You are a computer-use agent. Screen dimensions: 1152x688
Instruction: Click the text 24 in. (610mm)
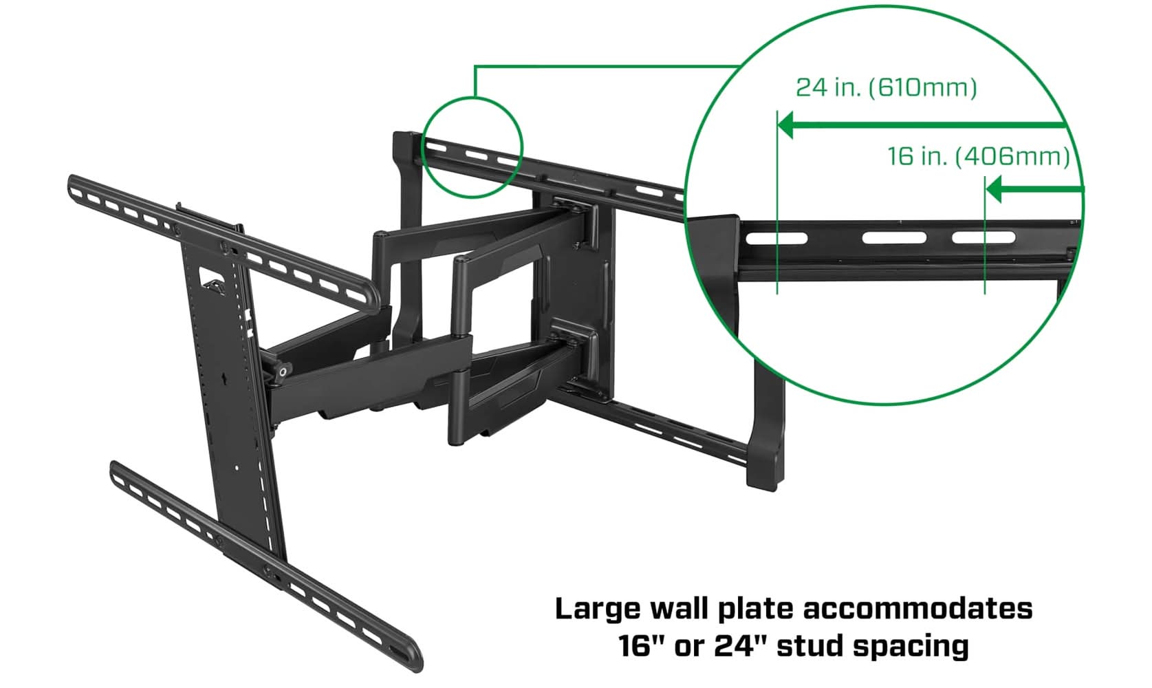(x=886, y=87)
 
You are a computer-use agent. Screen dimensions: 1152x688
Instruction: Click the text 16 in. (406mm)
(x=979, y=156)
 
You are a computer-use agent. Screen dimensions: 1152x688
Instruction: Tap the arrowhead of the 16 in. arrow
(x=994, y=189)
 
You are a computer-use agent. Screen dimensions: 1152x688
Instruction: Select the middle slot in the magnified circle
(x=894, y=238)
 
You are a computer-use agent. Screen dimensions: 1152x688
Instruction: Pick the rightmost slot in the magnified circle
(x=983, y=238)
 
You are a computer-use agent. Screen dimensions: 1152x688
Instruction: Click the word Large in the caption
(x=598, y=610)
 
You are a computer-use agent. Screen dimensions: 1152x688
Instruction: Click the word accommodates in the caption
(x=917, y=610)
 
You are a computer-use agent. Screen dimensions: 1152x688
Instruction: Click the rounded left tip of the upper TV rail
(x=73, y=184)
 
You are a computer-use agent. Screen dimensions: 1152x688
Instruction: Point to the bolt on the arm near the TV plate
(x=282, y=372)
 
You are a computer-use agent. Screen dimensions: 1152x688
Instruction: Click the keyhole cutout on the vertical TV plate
(x=226, y=378)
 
